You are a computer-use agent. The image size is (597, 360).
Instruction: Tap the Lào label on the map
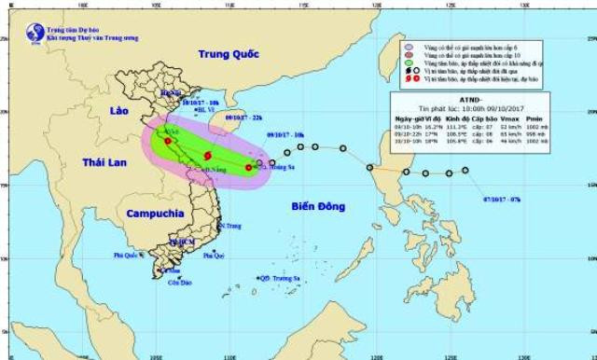118,110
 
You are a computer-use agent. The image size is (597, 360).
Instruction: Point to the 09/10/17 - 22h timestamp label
245,118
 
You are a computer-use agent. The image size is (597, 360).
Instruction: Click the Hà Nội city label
171,94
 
